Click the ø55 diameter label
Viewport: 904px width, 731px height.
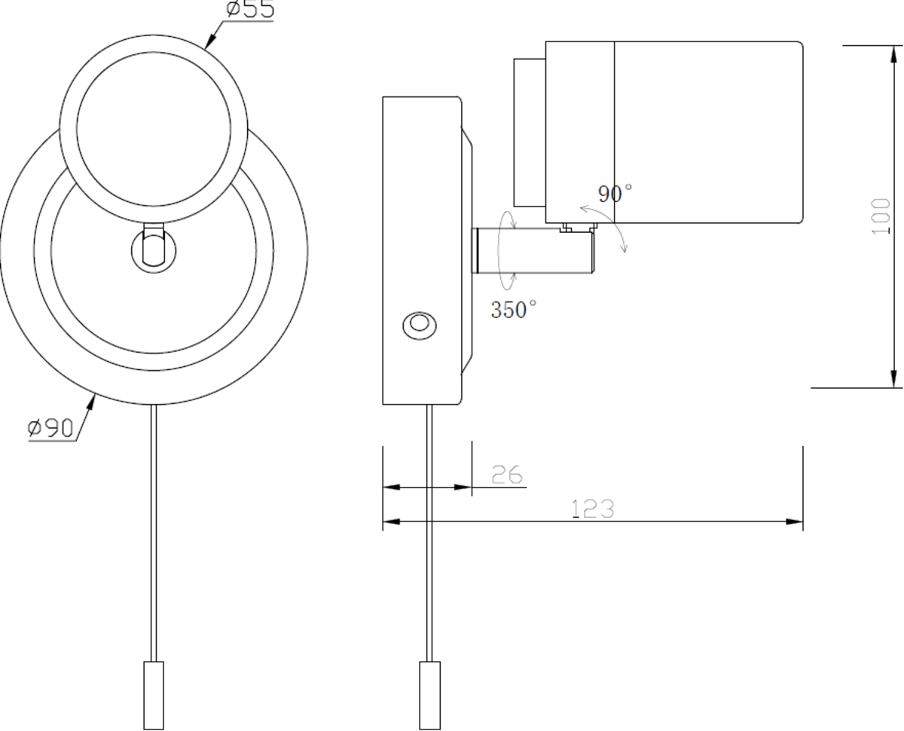(250, 10)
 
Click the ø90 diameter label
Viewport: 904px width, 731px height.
(51, 429)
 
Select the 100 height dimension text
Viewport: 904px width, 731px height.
(880, 216)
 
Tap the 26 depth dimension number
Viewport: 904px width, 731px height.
(507, 475)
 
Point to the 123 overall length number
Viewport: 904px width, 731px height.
(593, 509)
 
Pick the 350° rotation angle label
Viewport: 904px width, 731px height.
(514, 309)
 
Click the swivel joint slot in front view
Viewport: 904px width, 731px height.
(153, 246)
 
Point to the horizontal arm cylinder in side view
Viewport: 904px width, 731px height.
(532, 250)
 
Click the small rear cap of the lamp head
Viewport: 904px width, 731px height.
(529, 132)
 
